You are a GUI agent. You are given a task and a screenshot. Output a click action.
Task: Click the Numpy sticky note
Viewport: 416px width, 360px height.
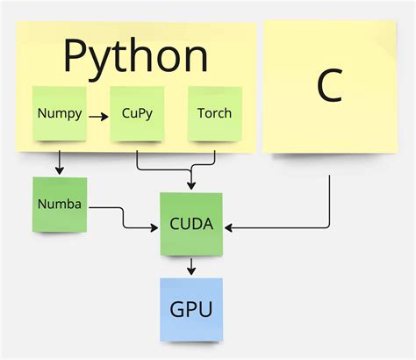coord(60,113)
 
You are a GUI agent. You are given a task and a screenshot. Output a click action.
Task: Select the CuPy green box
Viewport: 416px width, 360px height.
coord(138,113)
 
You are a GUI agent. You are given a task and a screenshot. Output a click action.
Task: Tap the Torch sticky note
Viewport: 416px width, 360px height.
coord(215,113)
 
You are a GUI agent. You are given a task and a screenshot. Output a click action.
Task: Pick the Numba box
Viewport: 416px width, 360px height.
coord(60,205)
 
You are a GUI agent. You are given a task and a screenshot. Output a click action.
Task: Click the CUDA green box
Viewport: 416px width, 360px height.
coord(191,224)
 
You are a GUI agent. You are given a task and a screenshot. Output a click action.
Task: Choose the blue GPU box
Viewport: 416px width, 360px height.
coord(191,309)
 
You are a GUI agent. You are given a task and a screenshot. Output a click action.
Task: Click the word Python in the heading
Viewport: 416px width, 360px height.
coord(136,56)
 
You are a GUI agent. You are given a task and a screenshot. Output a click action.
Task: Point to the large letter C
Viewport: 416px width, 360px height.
coord(328,86)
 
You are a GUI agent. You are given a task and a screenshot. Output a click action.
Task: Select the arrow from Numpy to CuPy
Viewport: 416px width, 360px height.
coord(98,114)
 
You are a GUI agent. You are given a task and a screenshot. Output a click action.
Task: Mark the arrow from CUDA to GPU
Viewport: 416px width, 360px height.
coord(191,266)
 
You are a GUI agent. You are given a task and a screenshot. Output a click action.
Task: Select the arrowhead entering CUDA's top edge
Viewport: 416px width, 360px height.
coord(191,186)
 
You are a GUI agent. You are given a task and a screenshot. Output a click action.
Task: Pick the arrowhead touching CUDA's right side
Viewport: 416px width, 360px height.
coord(230,228)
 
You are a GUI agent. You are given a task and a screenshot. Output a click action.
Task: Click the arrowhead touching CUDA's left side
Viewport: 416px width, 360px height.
coord(154,228)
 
